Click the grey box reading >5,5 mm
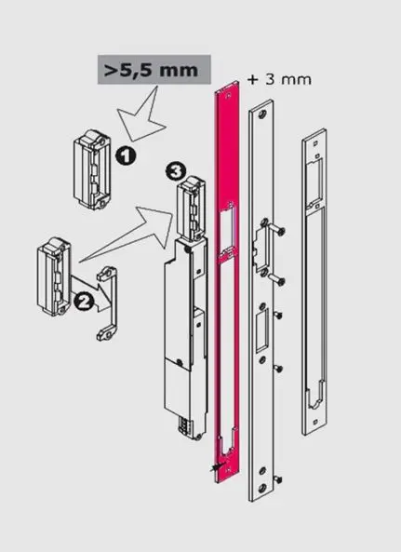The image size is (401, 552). [154, 70]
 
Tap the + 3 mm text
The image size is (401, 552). [280, 79]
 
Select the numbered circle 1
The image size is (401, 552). [125, 156]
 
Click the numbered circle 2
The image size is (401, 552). [83, 302]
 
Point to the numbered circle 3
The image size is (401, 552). [175, 172]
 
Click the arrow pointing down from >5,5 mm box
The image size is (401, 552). [142, 115]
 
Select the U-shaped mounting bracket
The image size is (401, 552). [107, 303]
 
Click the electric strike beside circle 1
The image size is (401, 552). [92, 169]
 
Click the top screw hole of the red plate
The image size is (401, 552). [229, 95]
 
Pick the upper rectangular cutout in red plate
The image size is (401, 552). [228, 228]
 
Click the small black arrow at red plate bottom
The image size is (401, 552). [216, 467]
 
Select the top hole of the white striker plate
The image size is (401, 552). [262, 114]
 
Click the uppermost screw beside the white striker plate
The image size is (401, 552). [278, 230]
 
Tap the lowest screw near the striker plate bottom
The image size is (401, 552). [277, 478]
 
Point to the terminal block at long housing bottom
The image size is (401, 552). [186, 426]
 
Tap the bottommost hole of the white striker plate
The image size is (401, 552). [262, 489]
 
